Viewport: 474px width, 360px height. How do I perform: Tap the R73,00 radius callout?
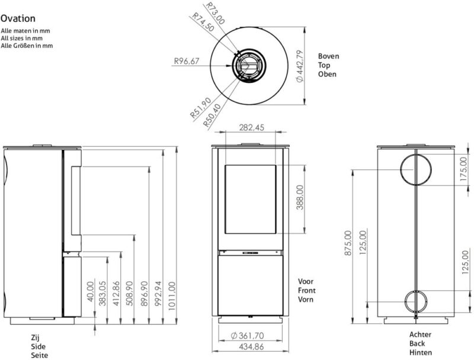[x=217, y=11]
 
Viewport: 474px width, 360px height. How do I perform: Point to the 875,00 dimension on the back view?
[x=348, y=243]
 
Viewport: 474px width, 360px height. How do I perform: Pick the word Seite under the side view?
[x=39, y=355]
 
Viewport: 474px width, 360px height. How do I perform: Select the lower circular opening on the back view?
[x=417, y=301]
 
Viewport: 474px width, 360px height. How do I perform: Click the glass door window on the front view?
[x=251, y=198]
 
